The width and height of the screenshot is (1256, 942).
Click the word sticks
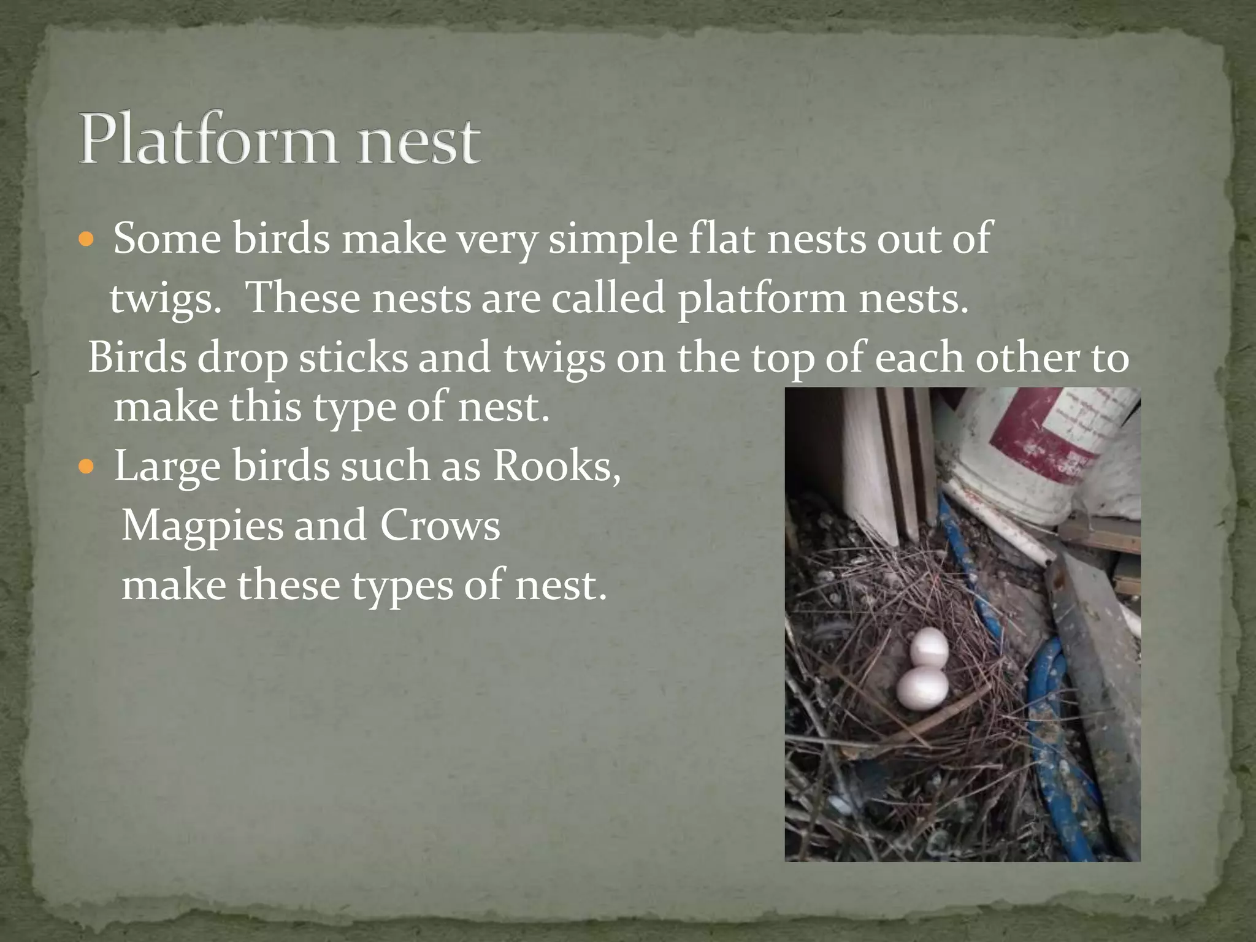click(x=353, y=358)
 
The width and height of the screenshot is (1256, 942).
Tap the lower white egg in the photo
click(x=922, y=688)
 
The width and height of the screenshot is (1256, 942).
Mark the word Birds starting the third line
click(x=137, y=358)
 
